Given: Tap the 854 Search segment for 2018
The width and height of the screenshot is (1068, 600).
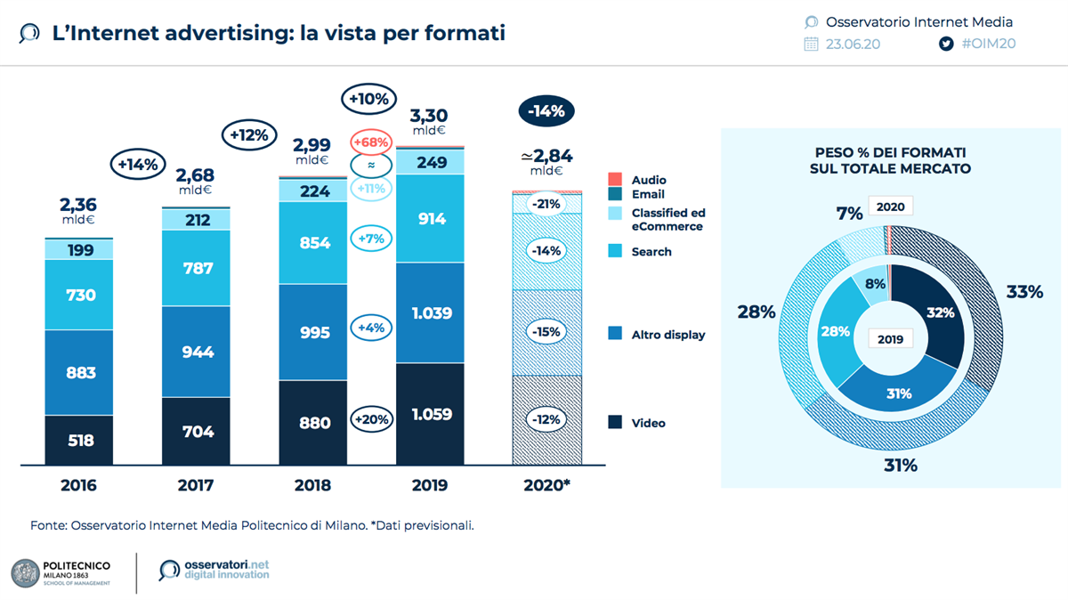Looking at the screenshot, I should point(313,243).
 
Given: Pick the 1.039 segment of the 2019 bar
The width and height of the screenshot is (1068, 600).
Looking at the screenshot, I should point(430,312).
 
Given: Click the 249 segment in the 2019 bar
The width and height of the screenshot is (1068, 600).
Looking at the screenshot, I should point(430,162).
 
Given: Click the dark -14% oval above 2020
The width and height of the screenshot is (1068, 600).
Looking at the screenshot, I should point(546,111).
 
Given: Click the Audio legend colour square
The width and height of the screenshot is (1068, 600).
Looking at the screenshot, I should point(614,180).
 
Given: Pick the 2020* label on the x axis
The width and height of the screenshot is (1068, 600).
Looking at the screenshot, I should point(546,486).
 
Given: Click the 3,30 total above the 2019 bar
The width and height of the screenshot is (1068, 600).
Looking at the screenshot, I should point(428,115).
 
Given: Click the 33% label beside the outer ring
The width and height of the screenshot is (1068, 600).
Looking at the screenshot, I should point(1024,291).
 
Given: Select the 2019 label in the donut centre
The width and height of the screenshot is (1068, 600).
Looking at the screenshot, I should point(890,338).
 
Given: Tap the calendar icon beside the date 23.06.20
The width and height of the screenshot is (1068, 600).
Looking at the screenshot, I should point(811,44).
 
